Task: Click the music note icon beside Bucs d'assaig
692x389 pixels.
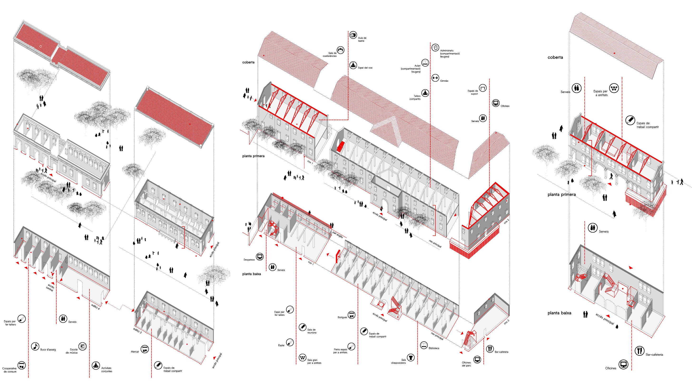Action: pyautogui.click(x=35, y=346)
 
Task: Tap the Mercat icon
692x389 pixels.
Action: pyautogui.click(x=145, y=349)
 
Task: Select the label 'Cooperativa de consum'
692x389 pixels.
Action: pyautogui.click(x=10, y=370)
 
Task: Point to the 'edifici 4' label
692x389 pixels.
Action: pyautogui.click(x=95, y=306)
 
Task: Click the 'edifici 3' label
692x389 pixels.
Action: pyautogui.click(x=137, y=330)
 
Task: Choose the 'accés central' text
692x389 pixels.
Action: pyautogui.click(x=50, y=287)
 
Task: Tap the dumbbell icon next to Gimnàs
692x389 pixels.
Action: pyautogui.click(x=435, y=78)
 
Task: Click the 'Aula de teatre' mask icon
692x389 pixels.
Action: pyautogui.click(x=353, y=35)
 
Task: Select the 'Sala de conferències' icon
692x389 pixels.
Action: pyautogui.click(x=340, y=50)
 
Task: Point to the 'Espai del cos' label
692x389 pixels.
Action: pyautogui.click(x=365, y=68)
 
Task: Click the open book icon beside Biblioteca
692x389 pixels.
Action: pyautogui.click(x=424, y=345)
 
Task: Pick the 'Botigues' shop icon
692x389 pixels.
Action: pyautogui.click(x=351, y=315)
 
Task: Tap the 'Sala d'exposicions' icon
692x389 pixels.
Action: pyautogui.click(x=411, y=357)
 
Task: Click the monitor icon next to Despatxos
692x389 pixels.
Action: pyautogui.click(x=260, y=256)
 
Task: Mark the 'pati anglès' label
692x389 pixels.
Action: pyautogui.click(x=338, y=235)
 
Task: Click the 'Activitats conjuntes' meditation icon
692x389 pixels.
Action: pyautogui.click(x=96, y=366)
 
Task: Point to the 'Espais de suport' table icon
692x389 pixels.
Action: pyautogui.click(x=483, y=88)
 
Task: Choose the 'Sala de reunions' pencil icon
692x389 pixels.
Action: pyautogui.click(x=303, y=327)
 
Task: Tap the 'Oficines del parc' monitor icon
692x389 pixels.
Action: pyautogui.click(x=477, y=359)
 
